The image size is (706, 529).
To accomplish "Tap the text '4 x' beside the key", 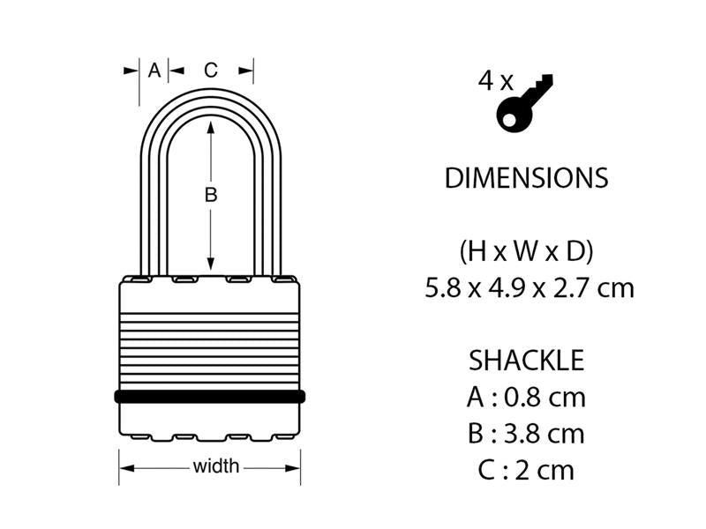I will [x=495, y=82].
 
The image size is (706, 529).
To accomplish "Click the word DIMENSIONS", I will [x=526, y=178].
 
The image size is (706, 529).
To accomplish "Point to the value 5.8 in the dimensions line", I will [x=443, y=288].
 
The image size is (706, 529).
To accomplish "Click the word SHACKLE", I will [x=526, y=361].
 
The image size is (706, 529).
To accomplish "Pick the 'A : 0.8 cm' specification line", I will [x=526, y=397].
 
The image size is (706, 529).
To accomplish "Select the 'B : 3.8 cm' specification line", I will [x=526, y=433].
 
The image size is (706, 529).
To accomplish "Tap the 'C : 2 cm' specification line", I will [x=526, y=469].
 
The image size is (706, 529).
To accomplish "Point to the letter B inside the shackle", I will [x=211, y=195].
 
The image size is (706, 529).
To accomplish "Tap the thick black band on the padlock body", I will [x=210, y=396].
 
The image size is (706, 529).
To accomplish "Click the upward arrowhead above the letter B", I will [x=211, y=129].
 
